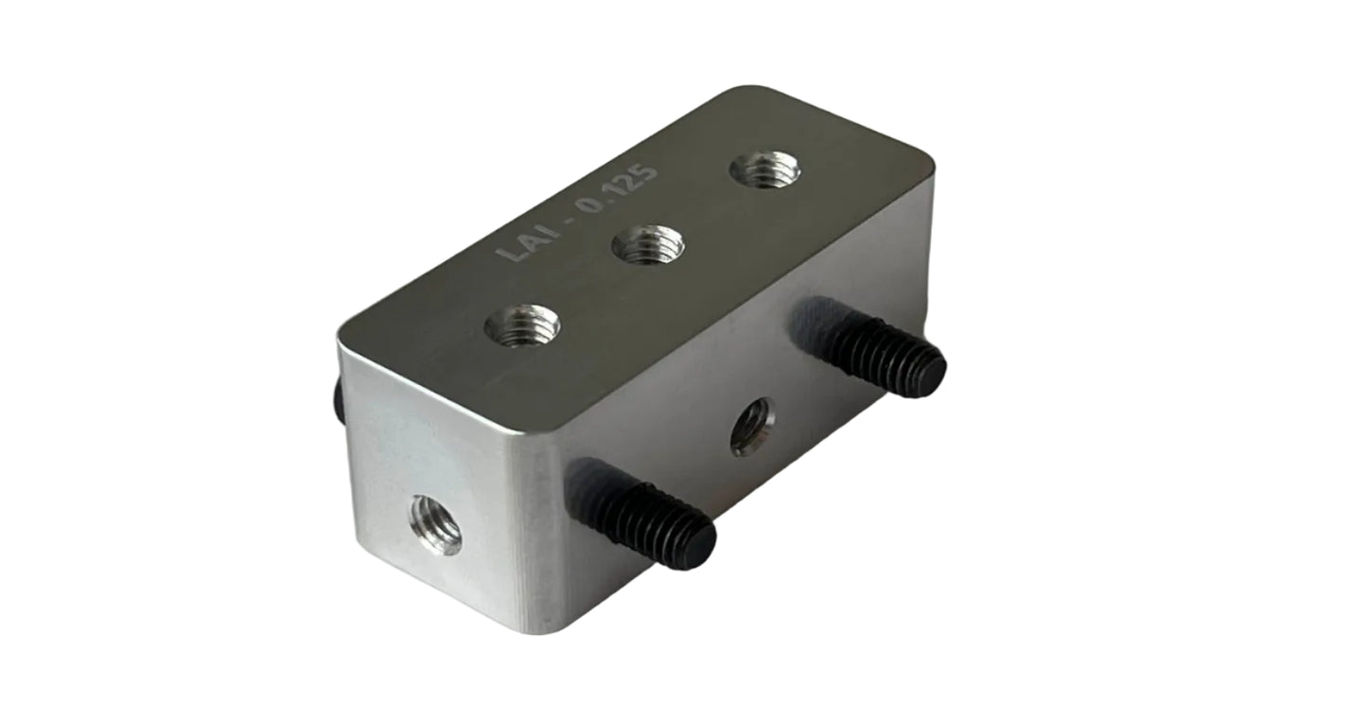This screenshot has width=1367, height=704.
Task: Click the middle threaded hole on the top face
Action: click(648, 246)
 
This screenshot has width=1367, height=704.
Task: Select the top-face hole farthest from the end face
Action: click(764, 170)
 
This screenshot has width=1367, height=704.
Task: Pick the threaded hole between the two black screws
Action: click(752, 426)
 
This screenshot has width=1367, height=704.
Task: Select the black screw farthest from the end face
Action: click(870, 348)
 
